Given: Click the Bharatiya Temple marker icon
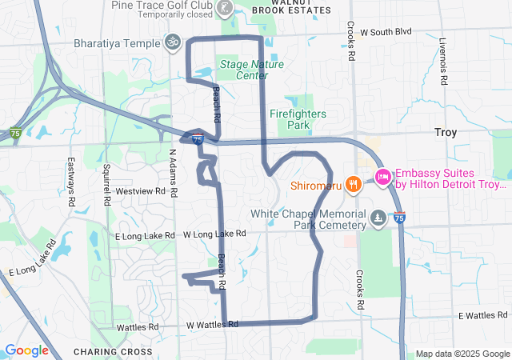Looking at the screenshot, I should [x=172, y=41].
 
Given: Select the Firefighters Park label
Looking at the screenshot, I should [x=298, y=119].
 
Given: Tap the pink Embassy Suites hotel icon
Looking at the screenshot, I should [x=382, y=177].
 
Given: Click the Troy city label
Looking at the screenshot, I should [x=446, y=132].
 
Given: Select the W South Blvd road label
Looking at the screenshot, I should [x=385, y=32].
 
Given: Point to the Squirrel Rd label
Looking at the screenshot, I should [x=106, y=184].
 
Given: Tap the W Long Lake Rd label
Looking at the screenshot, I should [x=214, y=234].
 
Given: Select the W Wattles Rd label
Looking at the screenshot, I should [x=213, y=325].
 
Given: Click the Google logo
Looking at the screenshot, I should [x=26, y=350].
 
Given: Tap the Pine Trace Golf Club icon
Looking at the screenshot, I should [x=226, y=10].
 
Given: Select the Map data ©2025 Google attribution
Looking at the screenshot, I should [x=462, y=354].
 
